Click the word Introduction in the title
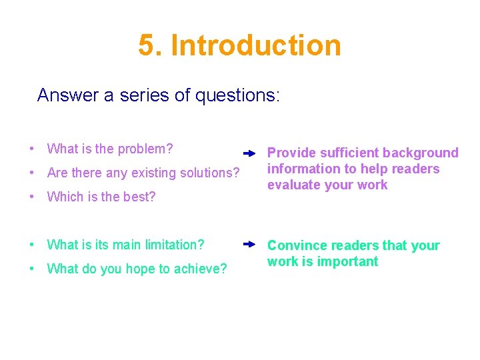pyautogui.click(x=256, y=45)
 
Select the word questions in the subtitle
pyautogui.click(x=237, y=95)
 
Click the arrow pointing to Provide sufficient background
pyautogui.click(x=249, y=153)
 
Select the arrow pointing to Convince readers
pyautogui.click(x=249, y=245)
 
